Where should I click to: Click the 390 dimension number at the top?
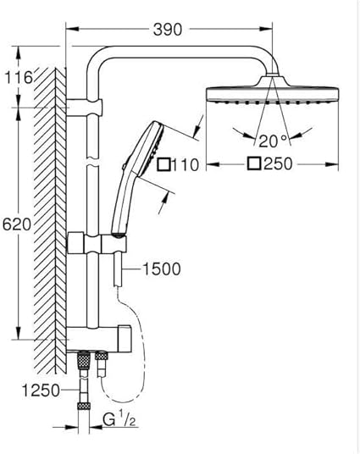click(168, 30)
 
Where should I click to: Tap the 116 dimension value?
click(19, 77)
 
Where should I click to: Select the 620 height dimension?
click(16, 224)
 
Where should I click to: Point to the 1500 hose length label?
click(162, 269)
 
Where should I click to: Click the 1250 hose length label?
click(41, 390)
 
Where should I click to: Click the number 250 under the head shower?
click(279, 163)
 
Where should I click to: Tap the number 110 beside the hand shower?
click(186, 165)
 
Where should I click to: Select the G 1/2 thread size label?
click(119, 419)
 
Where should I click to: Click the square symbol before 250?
click(255, 163)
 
